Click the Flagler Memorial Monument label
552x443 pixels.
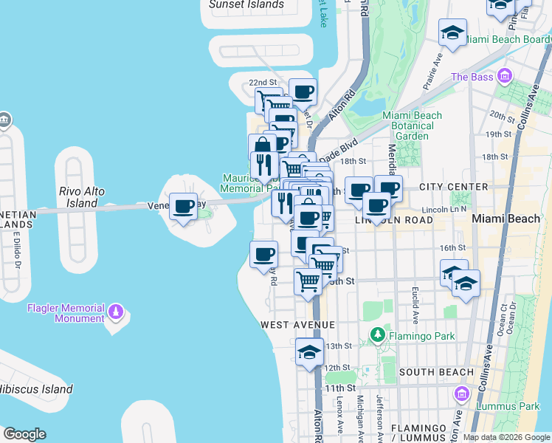point(65,313)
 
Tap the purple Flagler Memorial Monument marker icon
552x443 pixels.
point(114,313)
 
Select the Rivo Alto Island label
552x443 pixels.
point(82,197)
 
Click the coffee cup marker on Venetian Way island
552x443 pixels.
point(184,206)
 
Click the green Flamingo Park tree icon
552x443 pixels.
point(379,336)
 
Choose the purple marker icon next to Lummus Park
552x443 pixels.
point(462,394)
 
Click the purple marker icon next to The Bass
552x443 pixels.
point(505,76)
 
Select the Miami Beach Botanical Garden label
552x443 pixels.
point(412,126)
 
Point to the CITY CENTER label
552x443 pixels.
point(454,187)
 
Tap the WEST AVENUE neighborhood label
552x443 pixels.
point(297,325)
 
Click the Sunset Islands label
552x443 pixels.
point(246,4)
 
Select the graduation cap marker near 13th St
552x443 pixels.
point(310,351)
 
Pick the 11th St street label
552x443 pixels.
point(339,388)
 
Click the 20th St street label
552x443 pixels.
point(501,117)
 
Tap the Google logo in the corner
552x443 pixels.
point(24,434)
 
